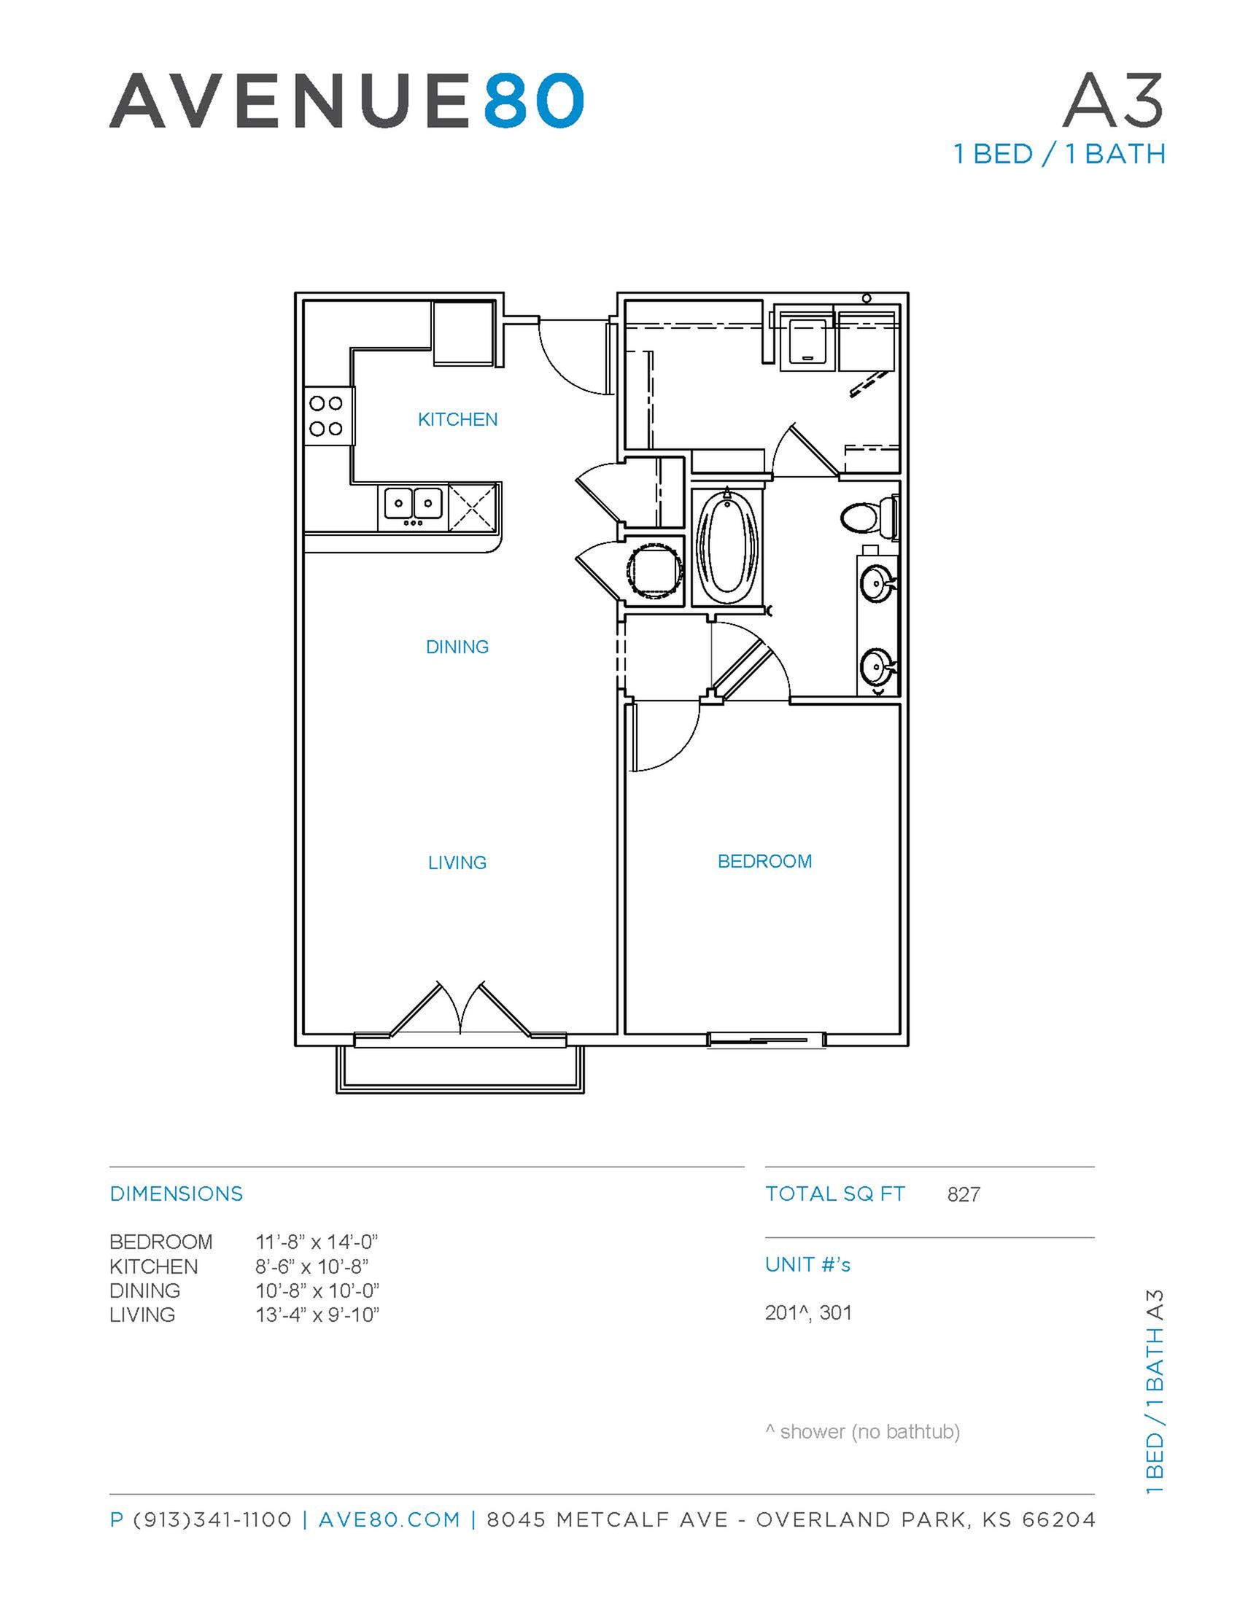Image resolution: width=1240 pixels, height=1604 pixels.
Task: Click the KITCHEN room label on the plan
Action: coord(457,419)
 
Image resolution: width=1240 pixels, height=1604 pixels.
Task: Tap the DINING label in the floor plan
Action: coord(457,646)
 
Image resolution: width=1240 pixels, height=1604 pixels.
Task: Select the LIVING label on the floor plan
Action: coord(457,863)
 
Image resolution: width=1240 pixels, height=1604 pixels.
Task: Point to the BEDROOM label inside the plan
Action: coord(764,861)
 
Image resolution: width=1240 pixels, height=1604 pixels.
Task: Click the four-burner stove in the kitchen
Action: coord(327,416)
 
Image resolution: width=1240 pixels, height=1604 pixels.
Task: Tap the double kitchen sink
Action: coord(413,505)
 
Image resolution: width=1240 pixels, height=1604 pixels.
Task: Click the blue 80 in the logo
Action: coord(533,101)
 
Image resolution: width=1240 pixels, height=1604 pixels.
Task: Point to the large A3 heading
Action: coord(1112,101)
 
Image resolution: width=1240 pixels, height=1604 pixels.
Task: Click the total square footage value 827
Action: coord(963,1195)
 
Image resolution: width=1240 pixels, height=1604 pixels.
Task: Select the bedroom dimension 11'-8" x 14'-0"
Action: coord(316,1242)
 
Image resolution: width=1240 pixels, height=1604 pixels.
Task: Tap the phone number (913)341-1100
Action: coord(212,1519)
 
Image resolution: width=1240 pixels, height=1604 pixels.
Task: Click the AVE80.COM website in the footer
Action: coord(389,1519)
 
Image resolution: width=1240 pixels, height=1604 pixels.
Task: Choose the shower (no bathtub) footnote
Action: coord(862,1431)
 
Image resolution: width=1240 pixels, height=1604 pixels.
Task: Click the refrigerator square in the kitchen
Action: coord(462,333)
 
